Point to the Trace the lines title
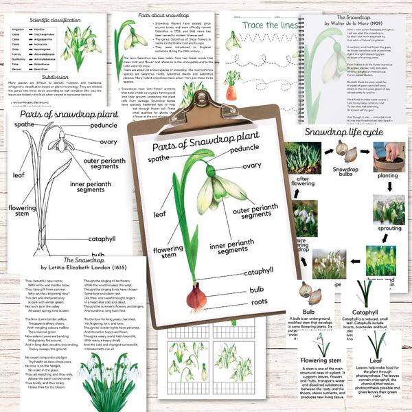[270, 25]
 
